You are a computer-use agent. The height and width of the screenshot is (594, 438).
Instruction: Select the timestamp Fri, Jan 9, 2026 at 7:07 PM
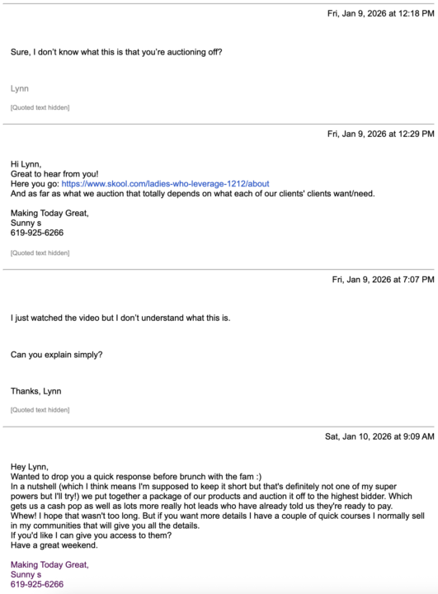pyautogui.click(x=383, y=280)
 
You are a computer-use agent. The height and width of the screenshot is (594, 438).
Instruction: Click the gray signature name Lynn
pyautogui.click(x=20, y=87)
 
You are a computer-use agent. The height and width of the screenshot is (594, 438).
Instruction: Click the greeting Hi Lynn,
pyautogui.click(x=26, y=163)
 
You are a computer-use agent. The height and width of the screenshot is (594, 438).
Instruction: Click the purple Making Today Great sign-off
pyautogui.click(x=49, y=564)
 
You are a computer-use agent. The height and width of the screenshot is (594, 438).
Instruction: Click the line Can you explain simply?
pyautogui.click(x=57, y=356)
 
